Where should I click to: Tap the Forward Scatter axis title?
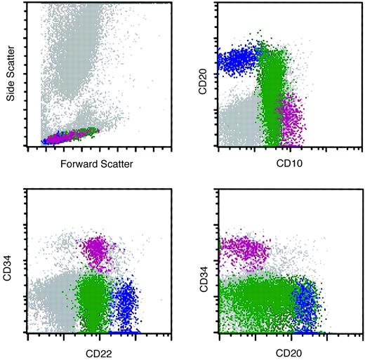[x=88, y=164]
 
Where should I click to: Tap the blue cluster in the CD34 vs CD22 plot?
[x=126, y=302]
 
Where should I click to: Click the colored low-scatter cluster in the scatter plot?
[x=67, y=135]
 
